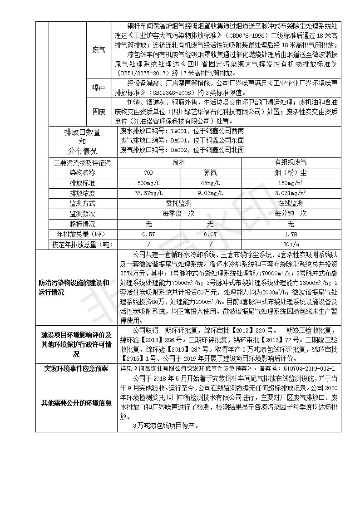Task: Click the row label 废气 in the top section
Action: tap(99, 49)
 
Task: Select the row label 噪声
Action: tap(99, 87)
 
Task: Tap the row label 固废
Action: tap(99, 111)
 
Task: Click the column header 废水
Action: tap(179, 162)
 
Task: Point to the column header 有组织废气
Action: tap(291, 162)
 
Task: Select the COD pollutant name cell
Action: tap(148, 172)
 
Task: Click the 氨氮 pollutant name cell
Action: tap(210, 172)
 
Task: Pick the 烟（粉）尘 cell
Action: tap(291, 172)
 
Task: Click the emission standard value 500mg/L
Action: tap(148, 183)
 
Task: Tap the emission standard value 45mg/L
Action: tap(210, 183)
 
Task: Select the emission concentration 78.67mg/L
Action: tap(148, 193)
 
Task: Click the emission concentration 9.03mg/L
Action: tap(210, 193)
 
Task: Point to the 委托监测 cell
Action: tap(179, 204)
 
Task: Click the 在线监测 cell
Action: tap(291, 204)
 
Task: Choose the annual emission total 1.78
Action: tap(291, 235)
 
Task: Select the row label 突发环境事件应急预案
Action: tap(76, 369)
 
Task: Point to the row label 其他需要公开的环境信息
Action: tap(76, 402)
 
